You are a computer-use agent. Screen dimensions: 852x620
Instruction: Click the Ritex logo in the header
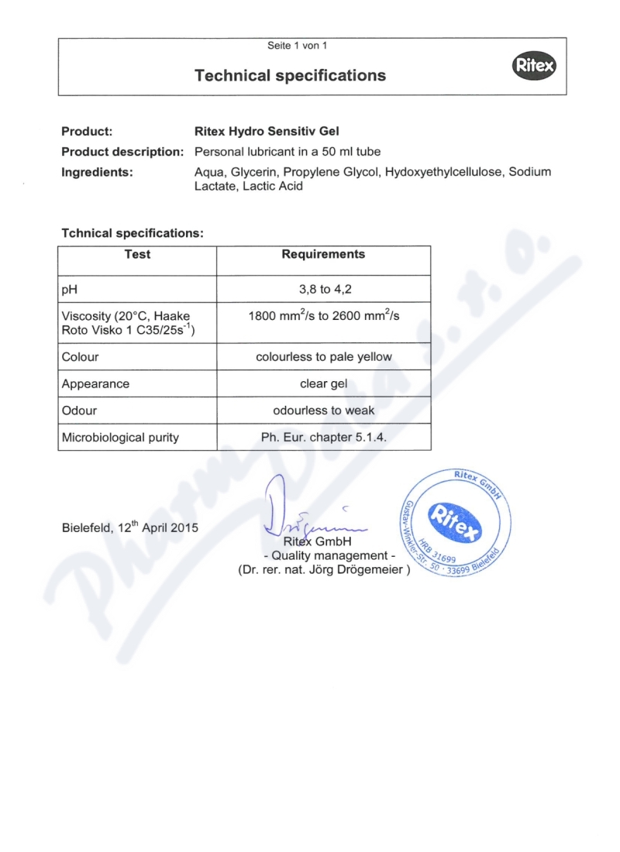(534, 67)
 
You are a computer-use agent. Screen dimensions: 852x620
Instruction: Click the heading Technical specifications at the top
(290, 75)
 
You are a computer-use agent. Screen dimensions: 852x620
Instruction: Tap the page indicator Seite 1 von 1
(297, 46)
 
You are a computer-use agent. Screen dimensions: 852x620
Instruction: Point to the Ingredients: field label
(98, 172)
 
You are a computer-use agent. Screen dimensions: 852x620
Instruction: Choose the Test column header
(137, 255)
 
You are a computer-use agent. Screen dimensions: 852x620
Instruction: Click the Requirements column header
(323, 255)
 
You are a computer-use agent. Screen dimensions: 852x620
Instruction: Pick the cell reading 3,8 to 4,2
(324, 289)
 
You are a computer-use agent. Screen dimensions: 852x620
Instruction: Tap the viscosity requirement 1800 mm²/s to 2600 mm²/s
(323, 315)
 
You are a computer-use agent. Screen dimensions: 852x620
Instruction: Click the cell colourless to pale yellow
(324, 357)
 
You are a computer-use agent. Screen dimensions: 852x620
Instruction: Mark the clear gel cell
(324, 383)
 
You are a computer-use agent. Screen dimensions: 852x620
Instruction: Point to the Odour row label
(79, 411)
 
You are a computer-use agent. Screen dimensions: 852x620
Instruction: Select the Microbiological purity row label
(120, 438)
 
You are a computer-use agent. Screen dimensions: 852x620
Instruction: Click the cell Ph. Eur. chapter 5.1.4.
(324, 438)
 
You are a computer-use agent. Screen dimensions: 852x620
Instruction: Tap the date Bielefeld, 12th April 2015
(130, 528)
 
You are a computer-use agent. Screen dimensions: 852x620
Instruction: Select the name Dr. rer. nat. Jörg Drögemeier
(323, 572)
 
